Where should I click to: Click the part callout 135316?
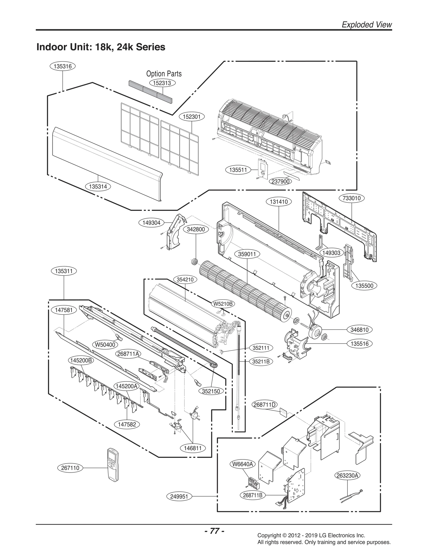tap(63, 66)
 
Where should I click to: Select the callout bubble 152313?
tap(162, 83)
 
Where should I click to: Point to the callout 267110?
tap(70, 468)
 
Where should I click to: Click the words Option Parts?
tap(164, 74)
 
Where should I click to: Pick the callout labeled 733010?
tap(351, 198)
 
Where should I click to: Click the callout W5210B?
tap(223, 304)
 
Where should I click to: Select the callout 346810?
tap(360, 330)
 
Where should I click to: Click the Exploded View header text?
tap(367, 25)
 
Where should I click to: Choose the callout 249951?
tap(179, 497)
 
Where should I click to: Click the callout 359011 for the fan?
tap(247, 254)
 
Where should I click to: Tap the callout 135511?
tap(238, 169)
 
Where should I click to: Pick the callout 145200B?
tap(81, 360)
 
